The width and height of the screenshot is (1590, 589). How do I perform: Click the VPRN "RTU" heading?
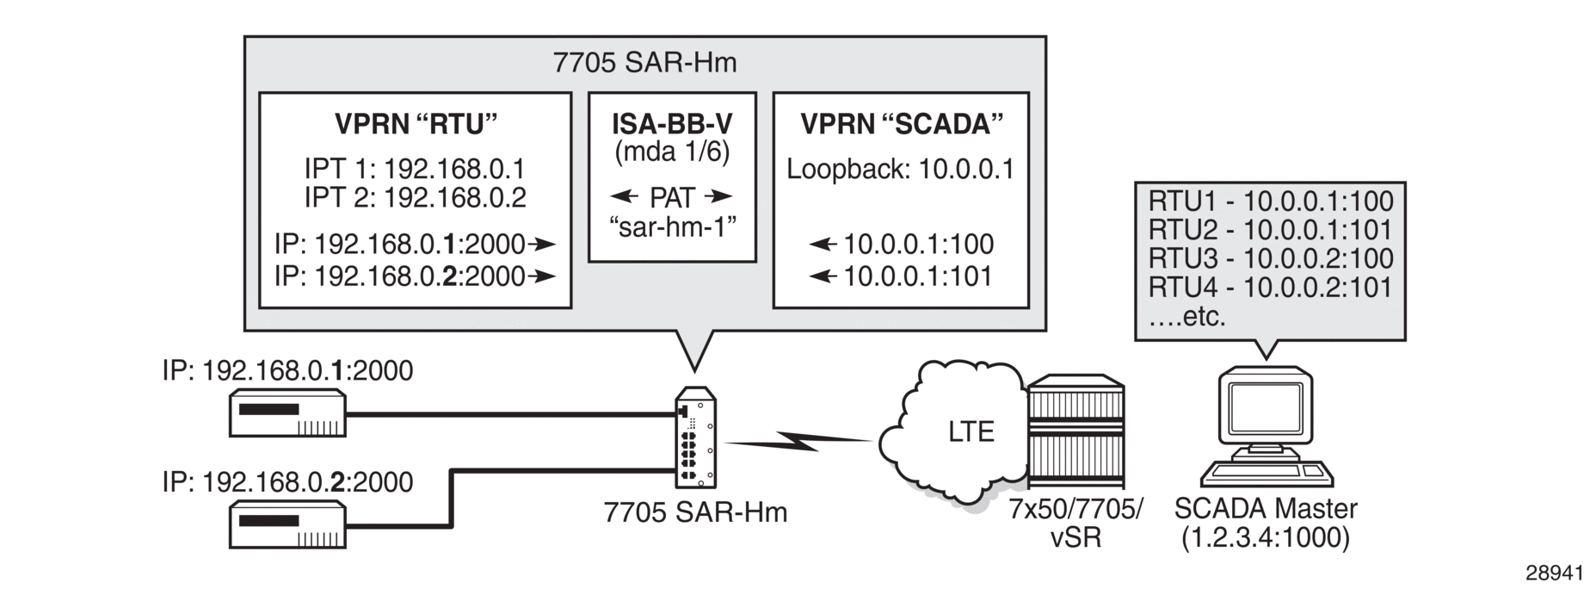[416, 125]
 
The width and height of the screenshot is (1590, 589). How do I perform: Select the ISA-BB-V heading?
[672, 124]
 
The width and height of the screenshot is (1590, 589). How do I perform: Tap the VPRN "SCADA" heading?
[902, 125]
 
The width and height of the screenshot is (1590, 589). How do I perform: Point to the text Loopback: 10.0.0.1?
[901, 169]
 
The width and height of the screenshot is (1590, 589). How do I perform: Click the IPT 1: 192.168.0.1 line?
[415, 169]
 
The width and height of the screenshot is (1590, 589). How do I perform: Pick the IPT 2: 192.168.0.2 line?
[415, 198]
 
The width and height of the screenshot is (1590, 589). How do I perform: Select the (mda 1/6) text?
[672, 153]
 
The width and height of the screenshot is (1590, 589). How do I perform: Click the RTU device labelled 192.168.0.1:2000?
[287, 414]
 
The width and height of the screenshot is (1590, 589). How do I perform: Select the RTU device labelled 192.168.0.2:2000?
[287, 525]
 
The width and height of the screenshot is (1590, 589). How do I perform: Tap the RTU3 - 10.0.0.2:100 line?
[1271, 258]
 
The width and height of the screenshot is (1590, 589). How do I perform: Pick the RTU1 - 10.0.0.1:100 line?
[1271, 201]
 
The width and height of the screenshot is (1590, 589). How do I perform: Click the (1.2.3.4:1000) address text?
[1266, 537]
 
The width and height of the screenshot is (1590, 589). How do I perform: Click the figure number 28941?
[1554, 572]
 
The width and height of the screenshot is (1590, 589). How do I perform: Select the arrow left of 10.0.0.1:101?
[823, 276]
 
